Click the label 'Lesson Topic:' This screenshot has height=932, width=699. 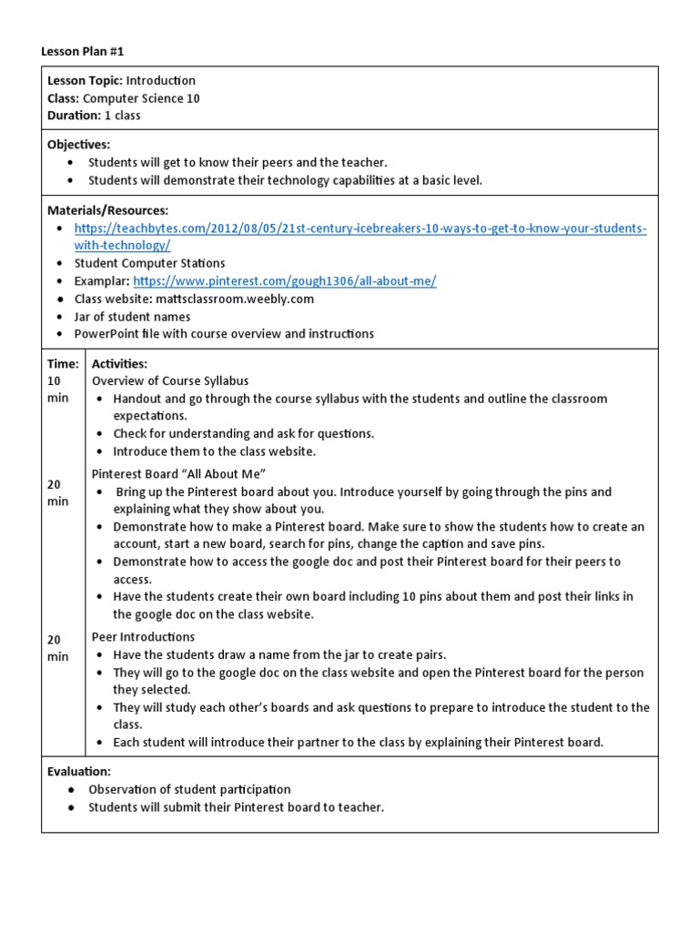[85, 81]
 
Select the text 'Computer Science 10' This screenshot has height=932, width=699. [142, 98]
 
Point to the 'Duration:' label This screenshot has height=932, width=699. [74, 116]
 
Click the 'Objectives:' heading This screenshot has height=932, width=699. [78, 145]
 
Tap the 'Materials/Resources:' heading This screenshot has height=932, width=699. [107, 210]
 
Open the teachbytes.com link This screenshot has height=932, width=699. [360, 228]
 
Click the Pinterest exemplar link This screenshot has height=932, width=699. [285, 281]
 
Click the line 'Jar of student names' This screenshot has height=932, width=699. [133, 317]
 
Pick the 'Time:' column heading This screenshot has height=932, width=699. [63, 364]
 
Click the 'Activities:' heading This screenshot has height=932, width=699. [119, 364]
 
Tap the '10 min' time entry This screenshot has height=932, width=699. [57, 390]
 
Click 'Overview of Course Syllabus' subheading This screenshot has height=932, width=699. [170, 381]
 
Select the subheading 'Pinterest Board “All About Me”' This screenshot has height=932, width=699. [178, 473]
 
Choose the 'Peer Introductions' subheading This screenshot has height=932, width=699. [144, 637]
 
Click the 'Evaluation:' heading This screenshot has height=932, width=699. [79, 772]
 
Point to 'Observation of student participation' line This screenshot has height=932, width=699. [189, 790]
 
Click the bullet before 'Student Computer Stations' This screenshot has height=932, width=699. [60, 264]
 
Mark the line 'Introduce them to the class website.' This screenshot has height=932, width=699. [214, 451]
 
